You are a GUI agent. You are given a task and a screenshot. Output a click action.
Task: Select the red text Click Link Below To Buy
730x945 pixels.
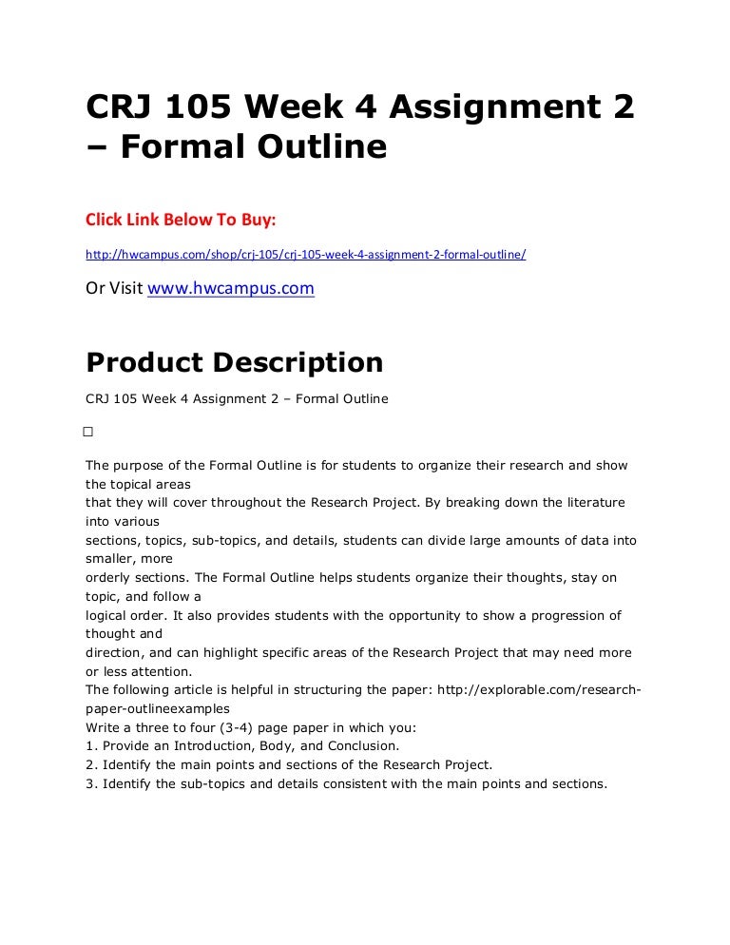(181, 221)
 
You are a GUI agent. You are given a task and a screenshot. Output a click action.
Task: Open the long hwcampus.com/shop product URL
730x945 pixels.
(305, 255)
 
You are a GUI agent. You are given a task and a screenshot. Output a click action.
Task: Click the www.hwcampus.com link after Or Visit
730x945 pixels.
(230, 287)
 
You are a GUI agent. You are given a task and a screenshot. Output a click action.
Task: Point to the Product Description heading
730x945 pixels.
(235, 362)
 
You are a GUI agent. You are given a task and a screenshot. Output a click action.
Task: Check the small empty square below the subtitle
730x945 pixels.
(87, 432)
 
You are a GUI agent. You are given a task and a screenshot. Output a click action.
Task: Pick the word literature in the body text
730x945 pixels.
(591, 502)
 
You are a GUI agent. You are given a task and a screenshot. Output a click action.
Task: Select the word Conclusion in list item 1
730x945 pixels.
(366, 746)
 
